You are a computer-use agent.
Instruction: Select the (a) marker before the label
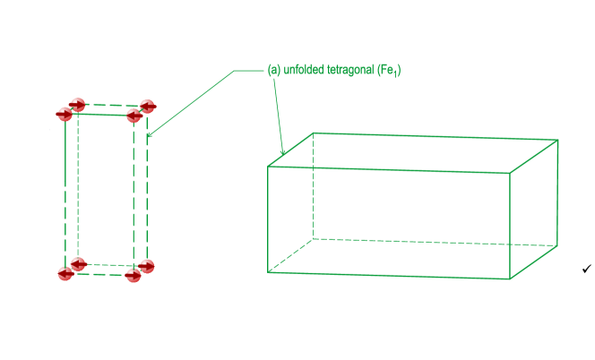tap(274, 70)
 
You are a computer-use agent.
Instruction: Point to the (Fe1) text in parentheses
tap(389, 70)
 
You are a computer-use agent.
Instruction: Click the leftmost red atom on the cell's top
tap(65, 114)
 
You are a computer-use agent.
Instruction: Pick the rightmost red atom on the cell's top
tap(147, 107)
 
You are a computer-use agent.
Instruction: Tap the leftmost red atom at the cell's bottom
tap(65, 273)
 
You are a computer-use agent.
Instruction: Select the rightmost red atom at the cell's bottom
tap(147, 266)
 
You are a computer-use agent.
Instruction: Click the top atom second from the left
tap(78, 105)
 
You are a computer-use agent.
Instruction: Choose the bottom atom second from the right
tap(134, 275)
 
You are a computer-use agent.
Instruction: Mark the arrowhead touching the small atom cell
tap(150, 135)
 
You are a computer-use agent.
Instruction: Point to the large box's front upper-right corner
tap(511, 173)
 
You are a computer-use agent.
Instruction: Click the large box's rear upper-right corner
tap(558, 140)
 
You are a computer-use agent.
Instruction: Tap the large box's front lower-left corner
tap(269, 272)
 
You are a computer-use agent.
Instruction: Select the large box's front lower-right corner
tap(511, 279)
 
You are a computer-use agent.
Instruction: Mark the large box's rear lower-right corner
tap(557, 245)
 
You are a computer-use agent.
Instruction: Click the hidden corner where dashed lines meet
tap(313, 238)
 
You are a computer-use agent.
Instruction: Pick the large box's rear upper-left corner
tap(314, 133)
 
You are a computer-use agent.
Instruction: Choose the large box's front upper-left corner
tap(269, 166)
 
